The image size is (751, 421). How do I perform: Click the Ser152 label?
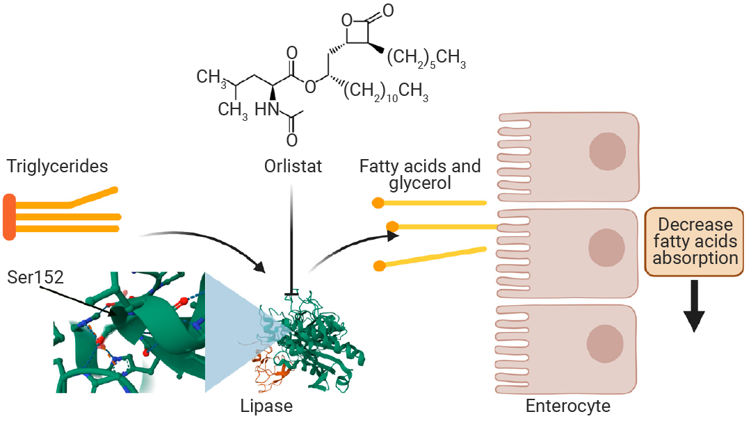click(35, 277)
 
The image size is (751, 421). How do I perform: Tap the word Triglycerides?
click(58, 167)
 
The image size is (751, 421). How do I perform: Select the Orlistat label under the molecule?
click(293, 167)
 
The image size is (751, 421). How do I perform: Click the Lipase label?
click(266, 406)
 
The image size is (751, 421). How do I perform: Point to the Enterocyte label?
click(568, 406)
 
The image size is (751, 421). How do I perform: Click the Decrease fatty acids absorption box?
click(695, 242)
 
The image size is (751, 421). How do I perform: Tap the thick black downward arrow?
click(694, 306)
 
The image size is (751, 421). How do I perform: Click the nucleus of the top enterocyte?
click(607, 151)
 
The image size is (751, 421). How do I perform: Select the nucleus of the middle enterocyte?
click(607, 247)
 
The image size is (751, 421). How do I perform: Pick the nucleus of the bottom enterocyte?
click(605, 343)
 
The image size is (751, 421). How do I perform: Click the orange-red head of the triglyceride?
click(9, 217)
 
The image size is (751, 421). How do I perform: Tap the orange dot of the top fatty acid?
click(378, 203)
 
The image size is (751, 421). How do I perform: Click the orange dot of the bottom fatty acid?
click(380, 266)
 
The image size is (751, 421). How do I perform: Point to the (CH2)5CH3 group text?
click(426, 58)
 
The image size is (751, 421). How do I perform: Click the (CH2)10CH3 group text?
click(386, 91)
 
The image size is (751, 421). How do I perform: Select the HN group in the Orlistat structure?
click(267, 110)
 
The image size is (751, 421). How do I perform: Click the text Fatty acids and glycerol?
click(420, 174)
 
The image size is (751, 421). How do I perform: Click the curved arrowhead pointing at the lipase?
click(260, 267)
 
